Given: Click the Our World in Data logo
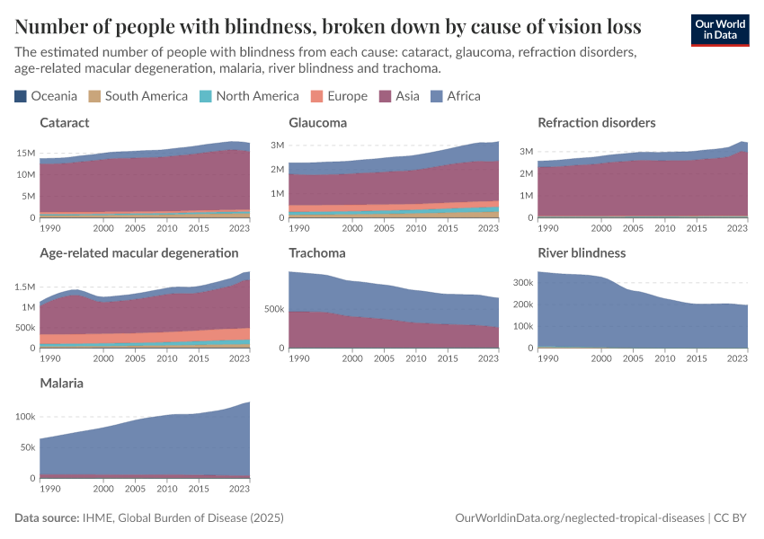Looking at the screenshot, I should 719,30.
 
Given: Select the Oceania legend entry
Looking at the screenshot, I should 47,96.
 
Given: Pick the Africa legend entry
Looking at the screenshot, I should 457,96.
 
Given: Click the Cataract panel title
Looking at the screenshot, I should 65,122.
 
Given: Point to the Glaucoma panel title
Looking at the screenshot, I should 317,122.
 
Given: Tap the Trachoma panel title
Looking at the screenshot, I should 316,252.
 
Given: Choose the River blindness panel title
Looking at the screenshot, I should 581,252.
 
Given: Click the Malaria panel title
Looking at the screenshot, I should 61,383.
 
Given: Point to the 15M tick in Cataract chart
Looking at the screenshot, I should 25,153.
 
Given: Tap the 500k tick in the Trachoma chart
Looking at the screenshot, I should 273,309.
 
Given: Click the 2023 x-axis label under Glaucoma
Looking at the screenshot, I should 488,229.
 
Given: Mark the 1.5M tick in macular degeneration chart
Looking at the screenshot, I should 22,287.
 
